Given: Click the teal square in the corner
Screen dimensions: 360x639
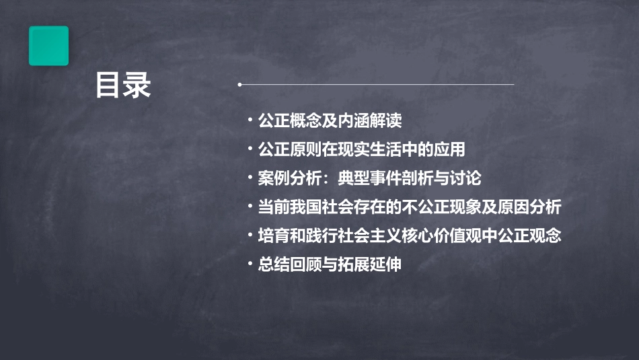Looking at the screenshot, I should point(48,46).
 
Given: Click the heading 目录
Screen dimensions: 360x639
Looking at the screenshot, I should point(123,85).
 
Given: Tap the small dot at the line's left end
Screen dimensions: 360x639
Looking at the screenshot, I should point(239,85).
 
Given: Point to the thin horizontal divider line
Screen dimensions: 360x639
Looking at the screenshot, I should point(377,85).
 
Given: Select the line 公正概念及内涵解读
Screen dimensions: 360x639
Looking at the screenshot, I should point(329,121).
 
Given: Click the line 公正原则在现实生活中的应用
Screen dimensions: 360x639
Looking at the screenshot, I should point(361,149).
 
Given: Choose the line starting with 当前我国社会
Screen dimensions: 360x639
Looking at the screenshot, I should point(408,207).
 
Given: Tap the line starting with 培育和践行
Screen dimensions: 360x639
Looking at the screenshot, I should point(408,236).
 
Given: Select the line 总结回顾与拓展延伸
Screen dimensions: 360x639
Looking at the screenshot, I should point(329,264).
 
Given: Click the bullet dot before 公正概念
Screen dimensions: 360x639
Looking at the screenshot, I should point(250,121).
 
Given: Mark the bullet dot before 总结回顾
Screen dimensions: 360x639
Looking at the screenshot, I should point(250,264).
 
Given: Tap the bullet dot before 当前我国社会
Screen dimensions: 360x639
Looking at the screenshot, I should point(250,207).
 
